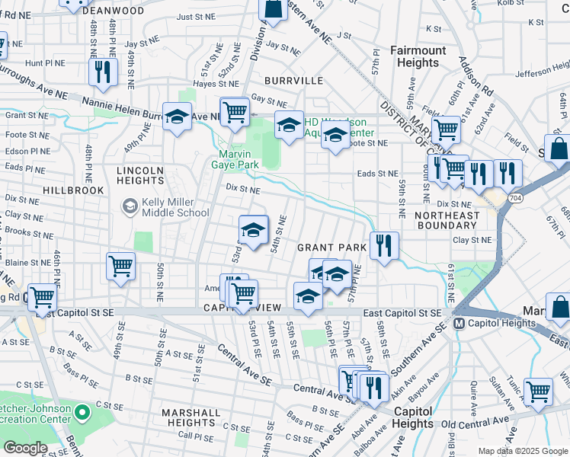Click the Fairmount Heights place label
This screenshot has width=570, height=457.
tap(418, 57)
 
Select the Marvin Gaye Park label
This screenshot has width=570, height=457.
tap(235, 158)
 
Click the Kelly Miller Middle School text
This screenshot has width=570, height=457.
tap(165, 207)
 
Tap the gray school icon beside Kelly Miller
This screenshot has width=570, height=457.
tap(129, 206)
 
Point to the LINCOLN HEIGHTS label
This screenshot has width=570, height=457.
tap(140, 175)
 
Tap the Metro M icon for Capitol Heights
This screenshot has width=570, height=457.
tap(460, 323)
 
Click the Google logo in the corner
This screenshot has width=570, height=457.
tap(26, 448)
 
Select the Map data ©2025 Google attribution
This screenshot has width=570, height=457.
tap(522, 451)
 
